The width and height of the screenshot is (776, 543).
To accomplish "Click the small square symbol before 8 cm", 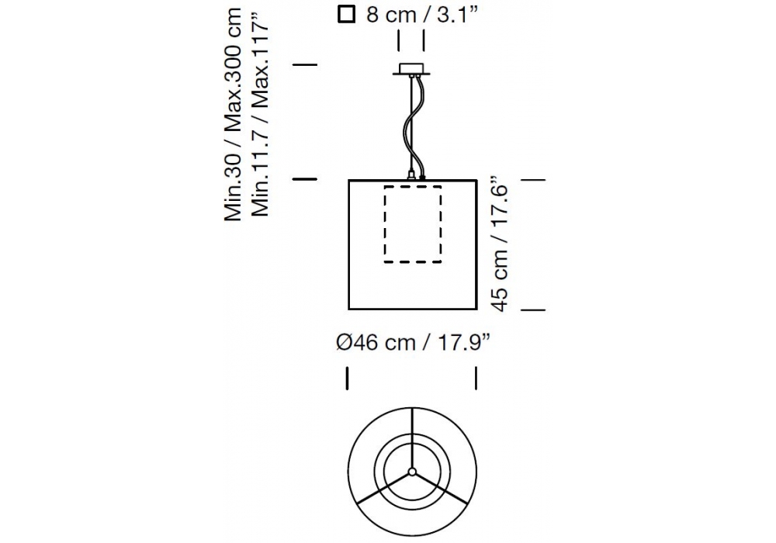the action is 346,14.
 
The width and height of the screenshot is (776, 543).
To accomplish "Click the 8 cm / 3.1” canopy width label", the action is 422,15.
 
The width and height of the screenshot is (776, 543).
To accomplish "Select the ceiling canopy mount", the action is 411,69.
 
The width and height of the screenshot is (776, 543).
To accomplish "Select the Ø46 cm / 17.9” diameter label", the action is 413,342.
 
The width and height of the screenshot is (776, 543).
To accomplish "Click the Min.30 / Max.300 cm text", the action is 233,114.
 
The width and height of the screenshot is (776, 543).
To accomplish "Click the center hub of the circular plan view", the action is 412,472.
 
